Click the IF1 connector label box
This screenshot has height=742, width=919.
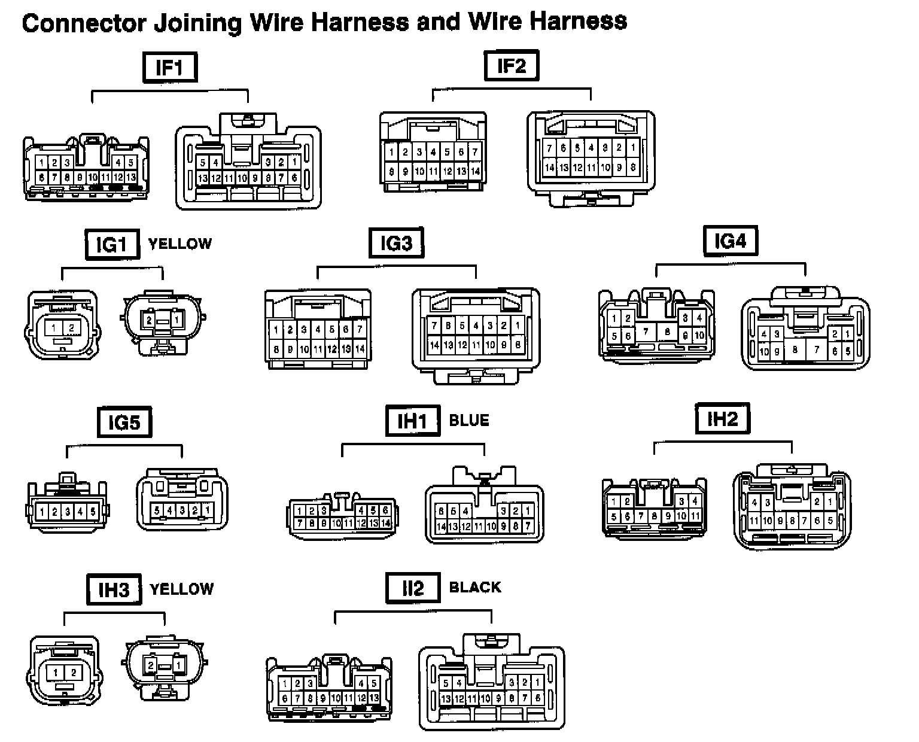pos(170,67)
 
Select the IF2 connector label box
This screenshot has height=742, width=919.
pos(510,65)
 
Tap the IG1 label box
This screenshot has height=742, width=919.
pos(112,244)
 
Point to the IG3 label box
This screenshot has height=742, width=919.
pos(396,243)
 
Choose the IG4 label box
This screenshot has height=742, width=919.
pos(730,241)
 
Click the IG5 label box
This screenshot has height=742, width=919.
pos(124,422)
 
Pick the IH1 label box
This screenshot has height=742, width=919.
pos(413,421)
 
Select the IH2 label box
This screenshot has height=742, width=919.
pos(723,418)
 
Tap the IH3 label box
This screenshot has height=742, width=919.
pos(114,589)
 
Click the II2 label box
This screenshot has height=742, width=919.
pos(413,588)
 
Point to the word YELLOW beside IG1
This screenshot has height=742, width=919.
pos(180,244)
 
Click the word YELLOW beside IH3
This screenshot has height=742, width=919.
pos(182,589)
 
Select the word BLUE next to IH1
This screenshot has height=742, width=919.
pos(469,421)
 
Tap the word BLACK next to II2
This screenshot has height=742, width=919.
pos(475,587)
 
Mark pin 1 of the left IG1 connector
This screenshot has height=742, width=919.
pos(54,327)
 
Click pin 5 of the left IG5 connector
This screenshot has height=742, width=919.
pos(93,512)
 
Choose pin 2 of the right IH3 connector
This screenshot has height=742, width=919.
pos(151,665)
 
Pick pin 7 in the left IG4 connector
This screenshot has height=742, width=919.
pos(646,330)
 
